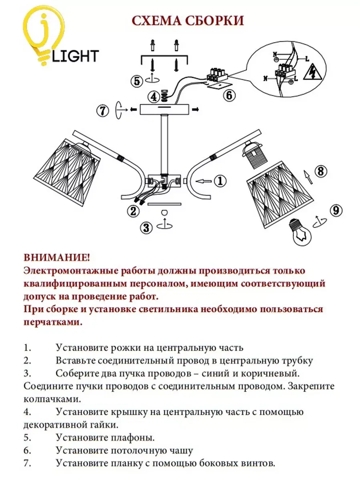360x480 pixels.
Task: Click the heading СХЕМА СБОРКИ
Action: (188, 21)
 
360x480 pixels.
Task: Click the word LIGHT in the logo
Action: (75, 56)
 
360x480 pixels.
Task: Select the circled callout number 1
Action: (220, 180)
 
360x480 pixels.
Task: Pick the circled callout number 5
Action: (137, 81)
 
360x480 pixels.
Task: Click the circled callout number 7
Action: (103, 110)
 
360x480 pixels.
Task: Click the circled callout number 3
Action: (146, 227)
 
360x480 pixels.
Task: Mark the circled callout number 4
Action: (154, 97)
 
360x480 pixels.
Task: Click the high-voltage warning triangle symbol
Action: (311, 73)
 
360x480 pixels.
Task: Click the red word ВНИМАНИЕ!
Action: (57, 257)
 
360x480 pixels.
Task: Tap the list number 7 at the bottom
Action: (27, 463)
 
